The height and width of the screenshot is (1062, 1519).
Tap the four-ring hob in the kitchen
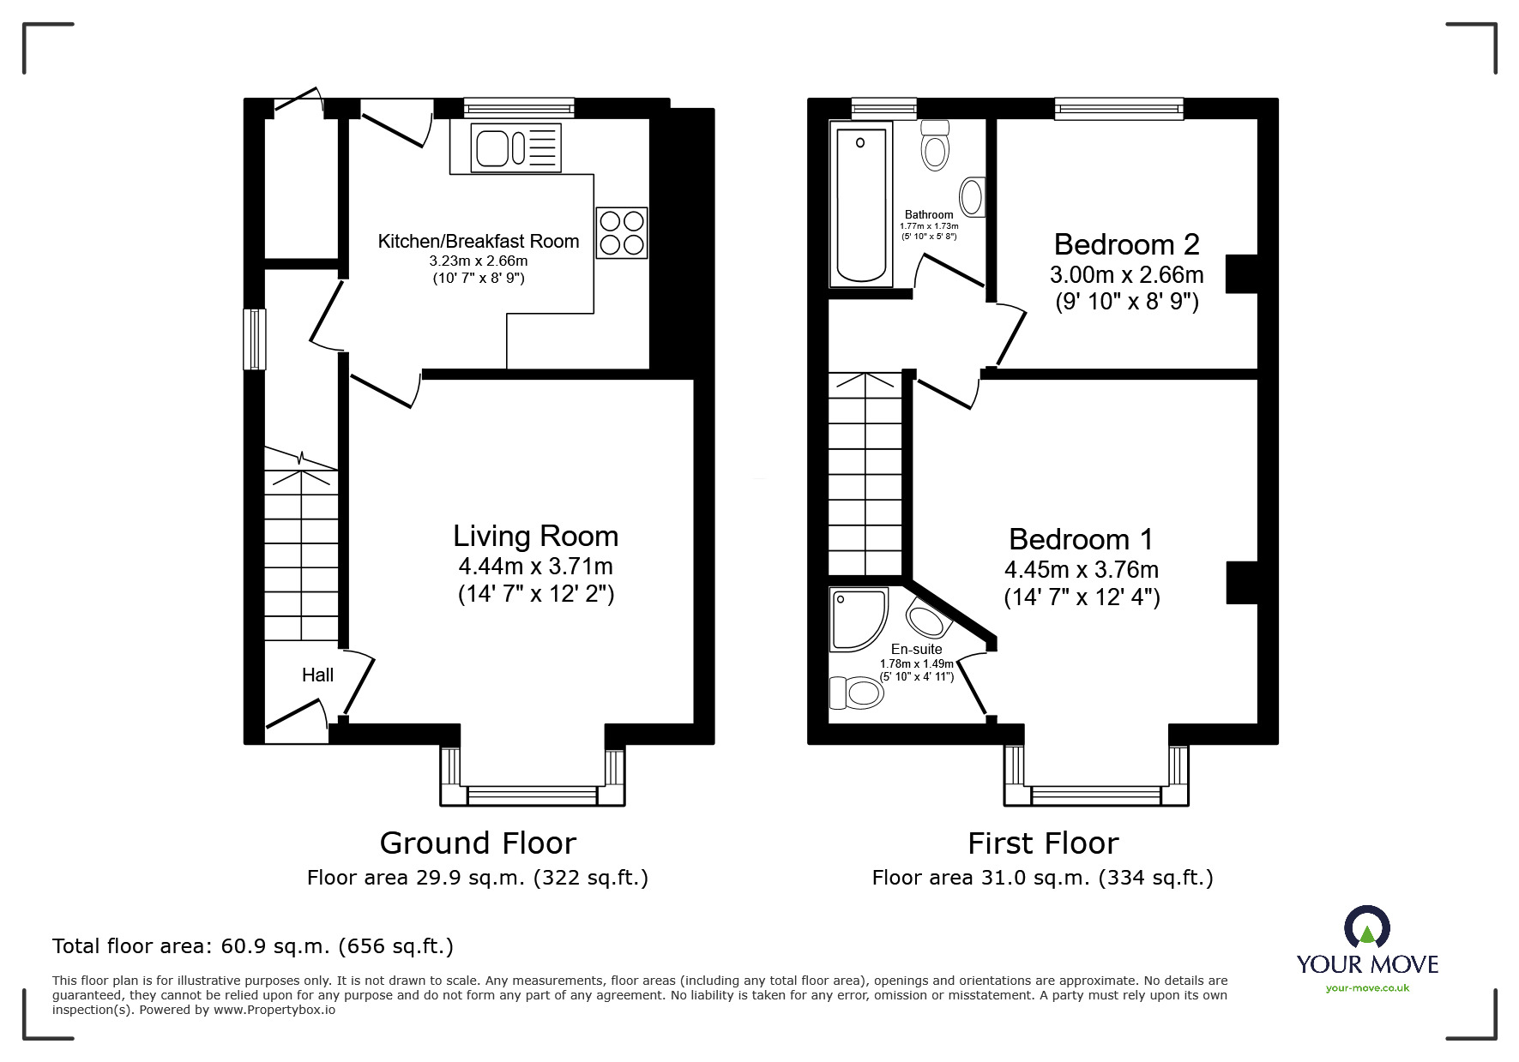point(622,232)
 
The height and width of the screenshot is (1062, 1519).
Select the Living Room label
point(535,537)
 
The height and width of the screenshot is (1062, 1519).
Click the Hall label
point(317,675)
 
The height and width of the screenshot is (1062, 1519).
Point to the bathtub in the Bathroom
point(861,203)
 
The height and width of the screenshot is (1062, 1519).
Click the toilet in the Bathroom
point(935,146)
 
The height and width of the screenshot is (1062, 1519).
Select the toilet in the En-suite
point(857,693)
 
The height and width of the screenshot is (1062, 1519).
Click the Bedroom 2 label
point(1126,245)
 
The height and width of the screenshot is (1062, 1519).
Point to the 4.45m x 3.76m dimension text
point(1081,570)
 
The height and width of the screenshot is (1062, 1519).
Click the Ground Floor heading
point(477,843)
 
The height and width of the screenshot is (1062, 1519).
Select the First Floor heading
point(1043,843)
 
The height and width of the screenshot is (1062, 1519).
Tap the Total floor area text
point(253,946)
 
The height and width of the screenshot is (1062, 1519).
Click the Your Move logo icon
point(1366,928)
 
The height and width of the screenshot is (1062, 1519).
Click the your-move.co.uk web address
point(1367,988)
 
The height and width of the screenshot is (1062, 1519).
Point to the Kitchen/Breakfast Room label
point(479,242)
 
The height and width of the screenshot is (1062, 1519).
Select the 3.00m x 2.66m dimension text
point(1126,275)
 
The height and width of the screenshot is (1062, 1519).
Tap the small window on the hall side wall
point(254,339)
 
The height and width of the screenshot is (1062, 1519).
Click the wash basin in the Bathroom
point(972,197)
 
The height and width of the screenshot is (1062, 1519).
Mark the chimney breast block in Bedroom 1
point(1241,583)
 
